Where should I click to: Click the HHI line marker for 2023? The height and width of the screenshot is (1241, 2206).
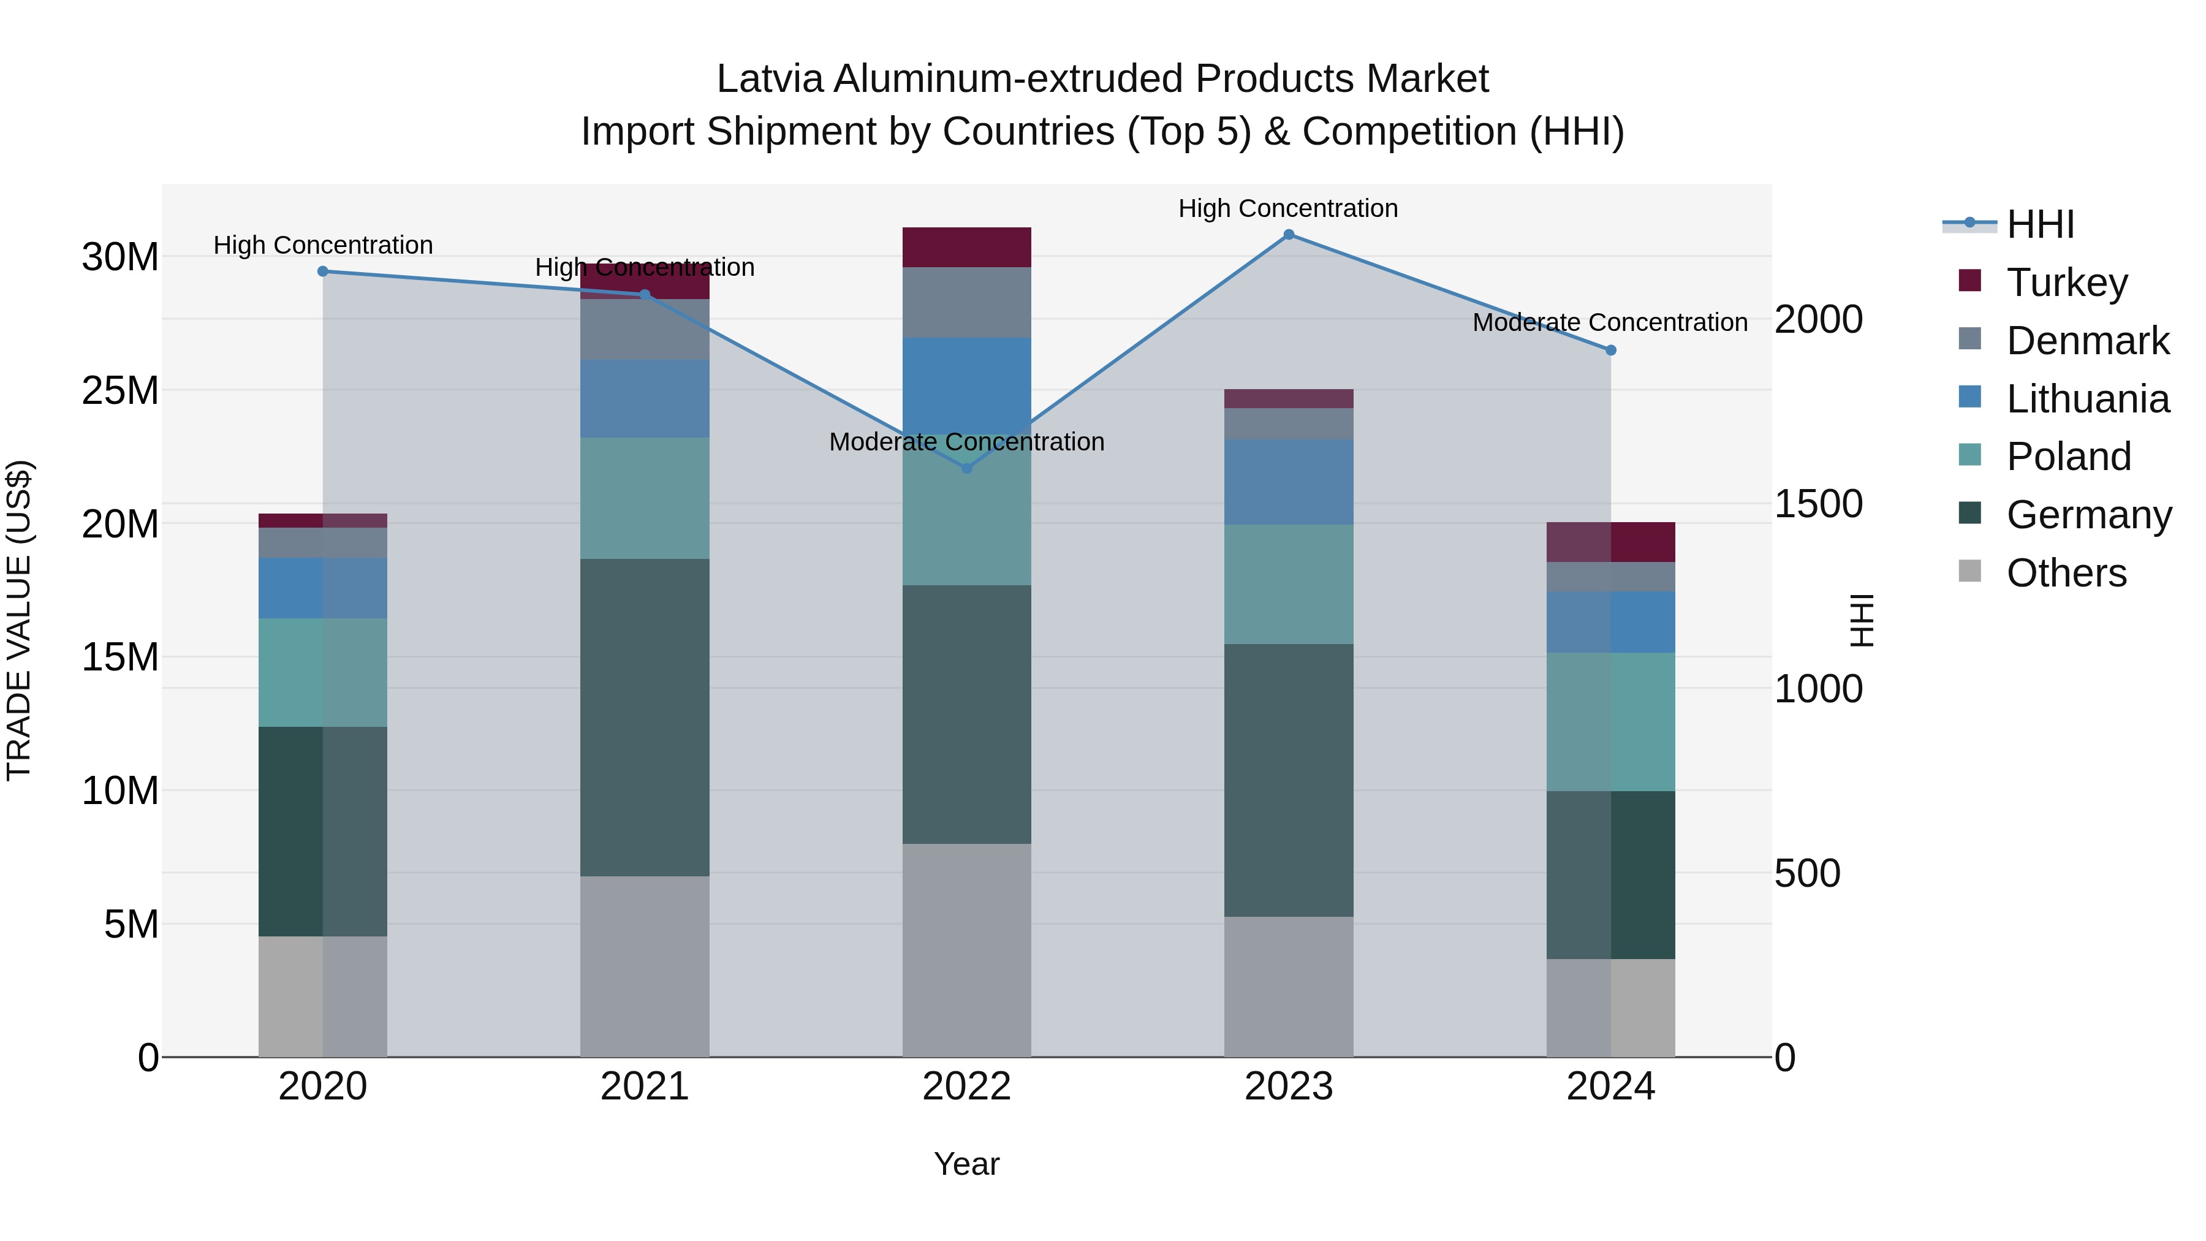(x=1289, y=235)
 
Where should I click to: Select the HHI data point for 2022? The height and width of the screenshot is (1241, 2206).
(x=967, y=468)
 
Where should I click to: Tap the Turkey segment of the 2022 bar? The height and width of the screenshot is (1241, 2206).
(x=967, y=248)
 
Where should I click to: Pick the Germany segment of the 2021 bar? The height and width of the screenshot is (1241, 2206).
(x=645, y=717)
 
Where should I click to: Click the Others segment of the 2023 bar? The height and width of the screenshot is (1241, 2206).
(x=1289, y=987)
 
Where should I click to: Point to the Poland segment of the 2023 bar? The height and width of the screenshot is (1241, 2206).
(x=1289, y=584)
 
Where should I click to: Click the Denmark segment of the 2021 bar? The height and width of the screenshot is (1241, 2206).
(x=645, y=330)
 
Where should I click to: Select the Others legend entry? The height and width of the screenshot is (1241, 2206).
(x=2066, y=573)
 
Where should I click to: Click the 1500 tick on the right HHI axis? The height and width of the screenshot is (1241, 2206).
(x=1818, y=504)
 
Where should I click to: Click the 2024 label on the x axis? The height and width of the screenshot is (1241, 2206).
(x=1610, y=1087)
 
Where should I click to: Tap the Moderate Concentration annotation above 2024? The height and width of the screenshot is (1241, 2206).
(x=1610, y=323)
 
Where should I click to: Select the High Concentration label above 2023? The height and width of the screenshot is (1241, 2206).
(x=1288, y=208)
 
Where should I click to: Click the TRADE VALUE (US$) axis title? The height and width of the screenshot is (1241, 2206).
(x=19, y=620)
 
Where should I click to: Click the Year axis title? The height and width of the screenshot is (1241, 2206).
(x=967, y=1164)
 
